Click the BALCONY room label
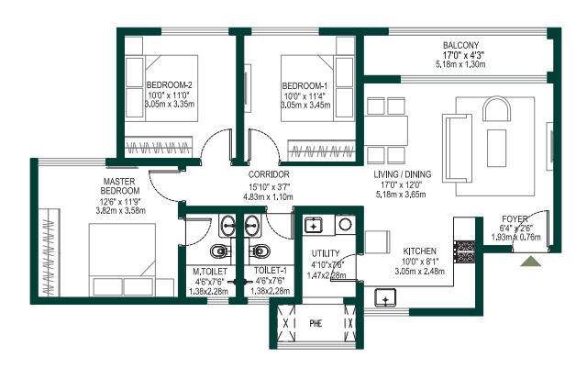(x=460, y=45)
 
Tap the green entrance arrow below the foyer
(x=530, y=262)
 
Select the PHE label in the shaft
(x=316, y=323)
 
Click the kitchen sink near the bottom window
(x=385, y=298)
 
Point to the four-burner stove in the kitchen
(x=465, y=251)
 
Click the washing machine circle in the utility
(x=345, y=225)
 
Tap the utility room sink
(x=313, y=226)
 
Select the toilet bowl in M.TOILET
(x=220, y=251)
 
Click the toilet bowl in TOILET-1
(x=259, y=250)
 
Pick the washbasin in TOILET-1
(x=252, y=226)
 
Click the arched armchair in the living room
(x=496, y=108)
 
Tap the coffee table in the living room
(x=496, y=148)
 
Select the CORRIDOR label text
(x=269, y=174)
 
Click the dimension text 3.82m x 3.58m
(x=120, y=210)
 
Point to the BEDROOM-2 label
(x=169, y=85)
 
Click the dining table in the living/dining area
(x=386, y=130)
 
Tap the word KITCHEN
(x=419, y=251)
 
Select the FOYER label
(x=515, y=218)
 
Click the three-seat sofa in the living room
(x=457, y=148)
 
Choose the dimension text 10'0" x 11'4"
(x=305, y=96)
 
